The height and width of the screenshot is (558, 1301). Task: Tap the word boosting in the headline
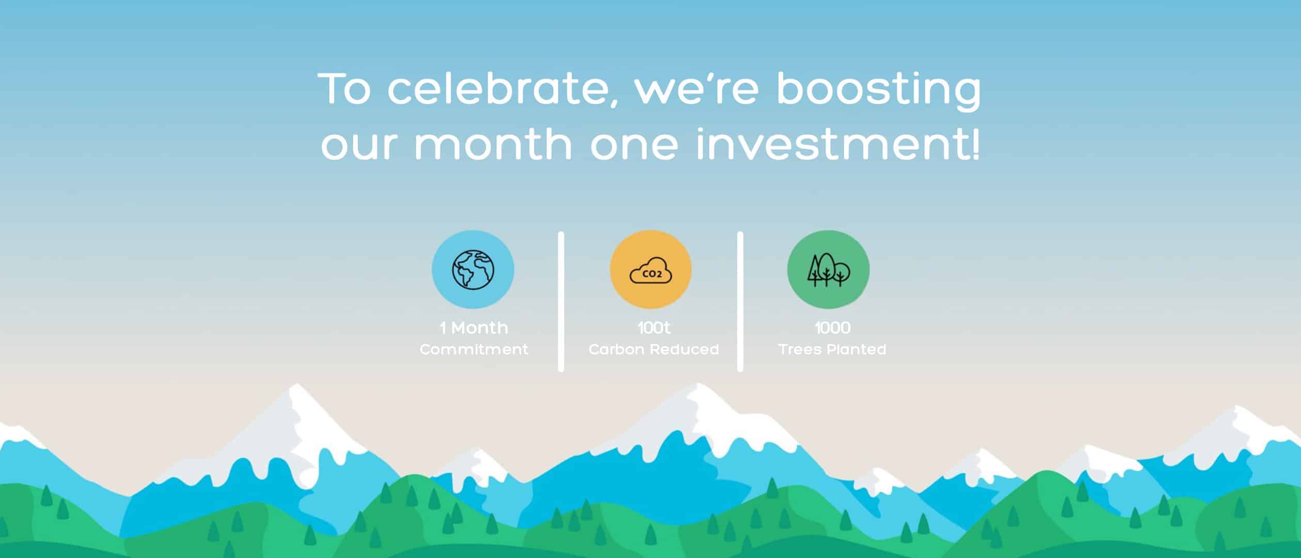878,91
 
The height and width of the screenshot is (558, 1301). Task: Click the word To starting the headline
345,89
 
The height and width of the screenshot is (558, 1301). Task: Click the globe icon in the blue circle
473,269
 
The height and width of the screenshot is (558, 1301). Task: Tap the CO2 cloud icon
651,270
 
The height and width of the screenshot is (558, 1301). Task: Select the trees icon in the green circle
828,269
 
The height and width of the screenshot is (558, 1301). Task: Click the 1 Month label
474,328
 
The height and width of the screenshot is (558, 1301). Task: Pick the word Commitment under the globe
474,350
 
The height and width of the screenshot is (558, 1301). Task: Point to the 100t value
654,328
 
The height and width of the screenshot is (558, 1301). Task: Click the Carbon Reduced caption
654,350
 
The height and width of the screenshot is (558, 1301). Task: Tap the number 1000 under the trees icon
832,328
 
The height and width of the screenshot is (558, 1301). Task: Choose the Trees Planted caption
832,350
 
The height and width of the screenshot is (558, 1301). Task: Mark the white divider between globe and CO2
561,301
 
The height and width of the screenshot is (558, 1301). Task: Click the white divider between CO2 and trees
740,301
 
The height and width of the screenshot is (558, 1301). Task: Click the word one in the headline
633,145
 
